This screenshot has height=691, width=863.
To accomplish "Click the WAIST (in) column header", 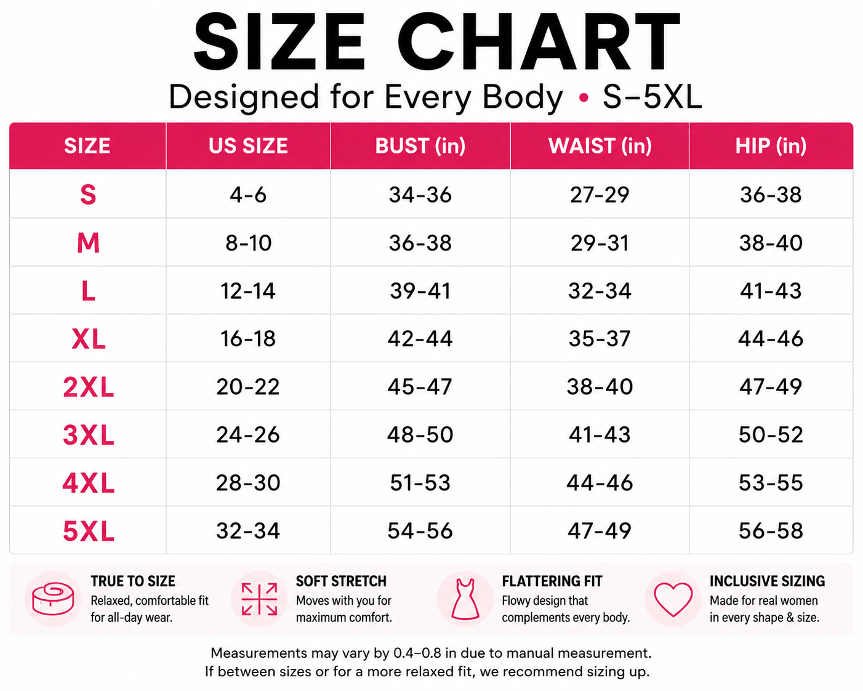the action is [x=600, y=146].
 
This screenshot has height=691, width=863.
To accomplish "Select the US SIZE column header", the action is [x=248, y=146].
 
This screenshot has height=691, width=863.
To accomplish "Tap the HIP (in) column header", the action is [x=771, y=146].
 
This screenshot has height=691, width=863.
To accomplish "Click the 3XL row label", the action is [x=89, y=435].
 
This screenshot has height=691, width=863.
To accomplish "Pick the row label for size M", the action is [x=88, y=243].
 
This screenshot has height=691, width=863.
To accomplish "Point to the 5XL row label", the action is [x=89, y=531].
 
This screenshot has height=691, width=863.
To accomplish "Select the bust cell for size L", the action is [x=420, y=291].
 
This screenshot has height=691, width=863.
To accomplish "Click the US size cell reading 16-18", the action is [x=248, y=339].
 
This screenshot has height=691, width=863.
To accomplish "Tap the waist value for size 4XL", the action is [x=600, y=483].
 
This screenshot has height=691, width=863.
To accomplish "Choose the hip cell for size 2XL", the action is [x=771, y=387].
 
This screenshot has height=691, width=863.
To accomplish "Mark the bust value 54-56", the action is [x=420, y=531].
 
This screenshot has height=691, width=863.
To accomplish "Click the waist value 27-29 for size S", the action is [x=600, y=195].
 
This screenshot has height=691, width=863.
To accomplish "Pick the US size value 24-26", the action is [x=248, y=435].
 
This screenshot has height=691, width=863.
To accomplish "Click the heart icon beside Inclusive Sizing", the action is [x=673, y=599].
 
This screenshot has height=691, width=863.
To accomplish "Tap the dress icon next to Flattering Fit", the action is [x=465, y=599].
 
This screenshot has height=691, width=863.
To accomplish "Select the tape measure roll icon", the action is [x=54, y=599].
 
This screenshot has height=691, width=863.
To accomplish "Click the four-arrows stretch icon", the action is [x=260, y=599].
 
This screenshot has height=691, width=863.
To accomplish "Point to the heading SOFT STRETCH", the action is [x=341, y=581].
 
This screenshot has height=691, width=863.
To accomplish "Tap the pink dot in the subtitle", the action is [x=584, y=97].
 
